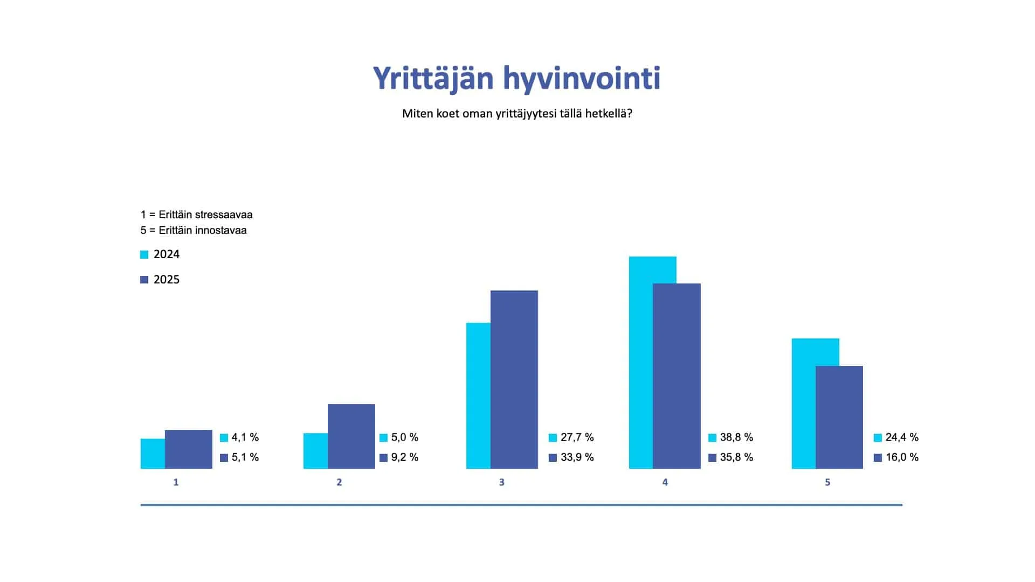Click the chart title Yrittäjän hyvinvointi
(x=517, y=79)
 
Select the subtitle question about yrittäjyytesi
(x=517, y=114)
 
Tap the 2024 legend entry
(x=160, y=254)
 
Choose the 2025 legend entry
(x=160, y=280)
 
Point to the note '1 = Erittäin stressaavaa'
(x=197, y=214)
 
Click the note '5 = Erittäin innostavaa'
(x=194, y=230)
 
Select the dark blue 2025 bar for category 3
(x=514, y=379)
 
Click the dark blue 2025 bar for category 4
(x=677, y=376)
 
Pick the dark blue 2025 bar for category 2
(x=351, y=436)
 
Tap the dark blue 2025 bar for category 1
(x=189, y=449)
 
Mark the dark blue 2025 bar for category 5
(x=839, y=417)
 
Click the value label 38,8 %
(x=736, y=438)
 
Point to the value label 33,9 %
(x=577, y=458)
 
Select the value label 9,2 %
(x=405, y=458)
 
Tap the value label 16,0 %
(x=902, y=458)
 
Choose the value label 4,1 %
(x=245, y=438)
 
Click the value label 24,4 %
(x=902, y=438)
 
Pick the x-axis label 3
(x=502, y=482)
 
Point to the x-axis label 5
(x=827, y=482)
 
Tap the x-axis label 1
(x=176, y=482)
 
